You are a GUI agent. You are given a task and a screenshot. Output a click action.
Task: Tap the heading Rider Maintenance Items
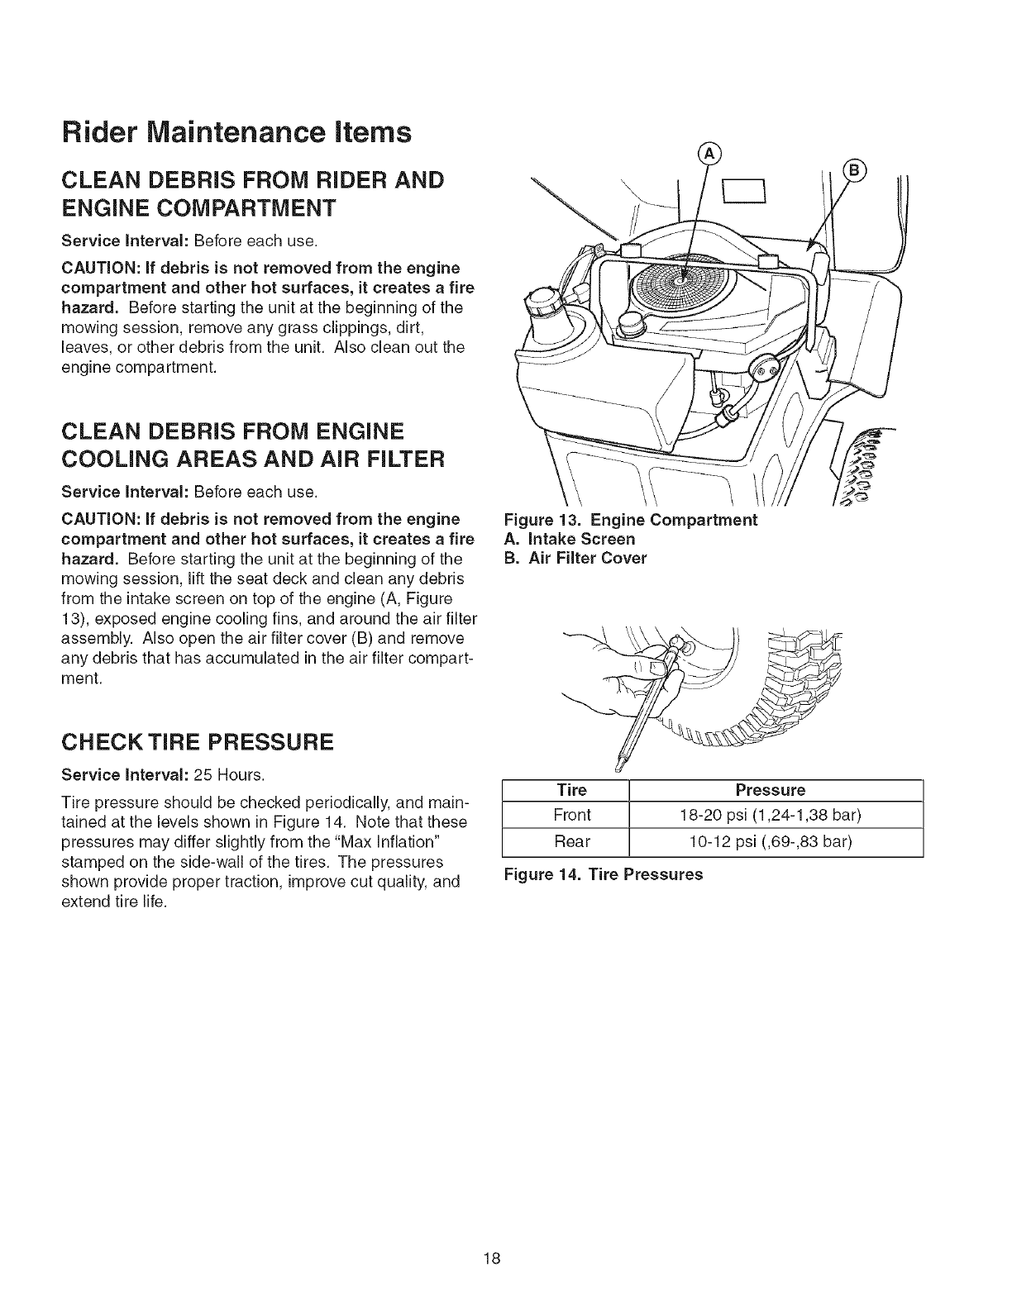pos(236,133)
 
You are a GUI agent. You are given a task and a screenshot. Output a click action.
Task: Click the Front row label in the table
pos(572,816)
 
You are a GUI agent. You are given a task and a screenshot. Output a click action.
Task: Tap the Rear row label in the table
pos(572,843)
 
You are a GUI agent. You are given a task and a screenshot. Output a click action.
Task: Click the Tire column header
pos(572,789)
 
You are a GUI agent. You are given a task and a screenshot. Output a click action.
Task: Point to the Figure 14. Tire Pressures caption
pos(604,874)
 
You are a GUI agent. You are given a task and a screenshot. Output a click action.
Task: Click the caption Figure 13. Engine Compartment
pos(631,520)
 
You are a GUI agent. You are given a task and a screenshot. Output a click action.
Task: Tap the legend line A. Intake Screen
pos(570,539)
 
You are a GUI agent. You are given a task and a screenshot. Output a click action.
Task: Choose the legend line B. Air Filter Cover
pos(575,558)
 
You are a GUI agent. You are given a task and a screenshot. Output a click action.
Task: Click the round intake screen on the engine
pos(679,280)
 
